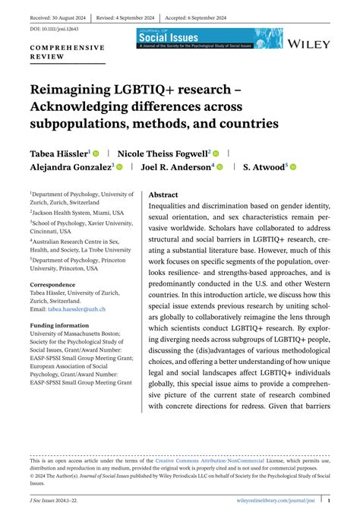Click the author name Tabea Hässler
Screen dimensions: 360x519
click(60, 153)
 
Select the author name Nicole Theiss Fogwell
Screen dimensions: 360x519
click(163, 153)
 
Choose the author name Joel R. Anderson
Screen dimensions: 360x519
click(177, 167)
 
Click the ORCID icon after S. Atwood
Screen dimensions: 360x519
click(293, 167)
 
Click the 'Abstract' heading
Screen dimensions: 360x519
click(163, 195)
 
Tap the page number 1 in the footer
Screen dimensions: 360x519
click(329, 501)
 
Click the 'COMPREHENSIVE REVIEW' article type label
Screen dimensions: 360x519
click(66, 51)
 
